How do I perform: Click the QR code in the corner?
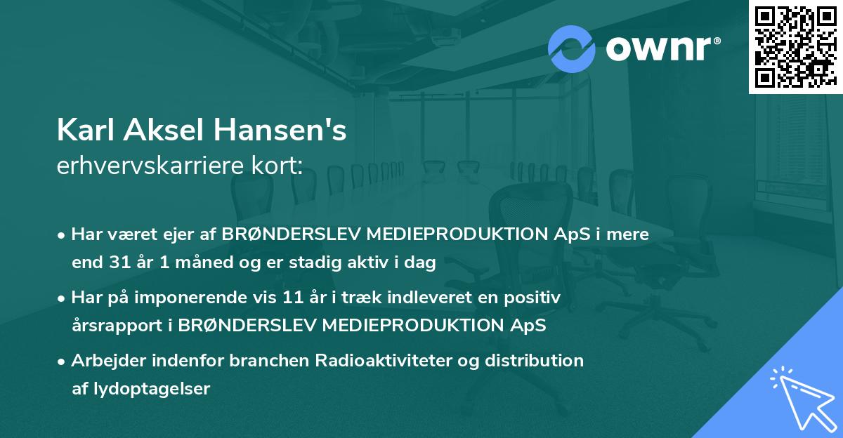795,46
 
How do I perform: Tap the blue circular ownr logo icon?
572,48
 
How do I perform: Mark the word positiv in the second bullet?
535,298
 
